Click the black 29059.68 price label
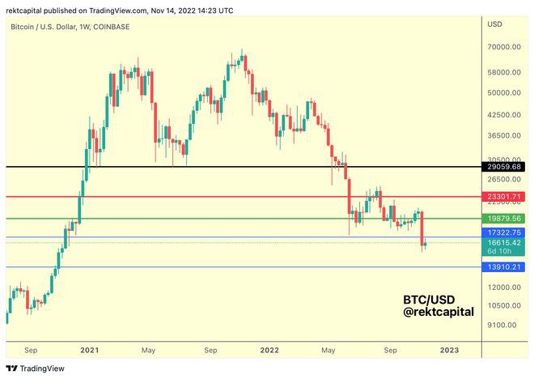pyautogui.click(x=505, y=167)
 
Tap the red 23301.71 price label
pyautogui.click(x=505, y=197)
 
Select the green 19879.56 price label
pyautogui.click(x=505, y=219)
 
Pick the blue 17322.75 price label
pyautogui.click(x=505, y=232)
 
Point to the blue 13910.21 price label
pyautogui.click(x=505, y=266)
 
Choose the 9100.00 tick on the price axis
pyautogui.click(x=502, y=325)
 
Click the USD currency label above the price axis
pyautogui.click(x=494, y=24)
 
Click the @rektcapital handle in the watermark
pyautogui.click(x=439, y=311)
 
